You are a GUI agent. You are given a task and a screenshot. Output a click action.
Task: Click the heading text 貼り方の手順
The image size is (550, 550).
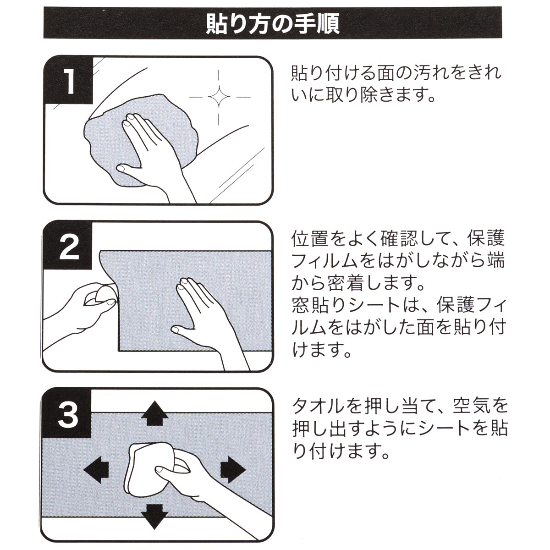[273, 24]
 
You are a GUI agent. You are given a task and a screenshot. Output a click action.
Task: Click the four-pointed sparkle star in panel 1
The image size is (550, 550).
[219, 97]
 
